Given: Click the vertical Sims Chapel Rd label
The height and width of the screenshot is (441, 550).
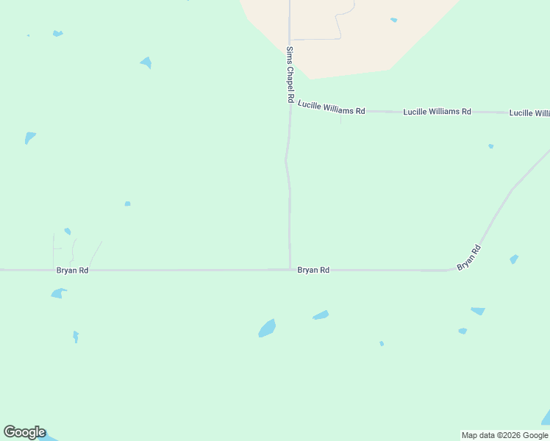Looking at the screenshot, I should click(290, 75).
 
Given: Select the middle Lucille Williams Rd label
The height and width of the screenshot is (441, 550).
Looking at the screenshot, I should click(437, 112).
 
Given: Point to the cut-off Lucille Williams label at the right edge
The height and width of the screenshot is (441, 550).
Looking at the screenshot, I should click(529, 113).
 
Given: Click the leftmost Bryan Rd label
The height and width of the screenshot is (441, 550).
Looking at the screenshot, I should click(72, 270).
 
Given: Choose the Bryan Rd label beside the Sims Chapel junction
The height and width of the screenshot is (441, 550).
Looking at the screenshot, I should click(313, 270).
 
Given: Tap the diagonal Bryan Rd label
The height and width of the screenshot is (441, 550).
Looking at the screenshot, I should click(468, 258).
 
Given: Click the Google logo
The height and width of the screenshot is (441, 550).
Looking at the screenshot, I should click(24, 432).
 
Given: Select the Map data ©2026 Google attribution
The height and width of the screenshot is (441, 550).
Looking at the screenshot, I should click(505, 435).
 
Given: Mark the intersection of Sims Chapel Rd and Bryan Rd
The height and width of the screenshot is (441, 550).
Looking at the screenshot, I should click(290, 269).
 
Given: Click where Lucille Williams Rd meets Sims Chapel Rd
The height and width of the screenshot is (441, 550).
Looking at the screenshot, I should click(290, 108).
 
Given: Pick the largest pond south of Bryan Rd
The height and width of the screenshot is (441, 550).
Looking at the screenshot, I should click(267, 329).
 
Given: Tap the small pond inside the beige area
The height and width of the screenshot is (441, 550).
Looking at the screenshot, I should click(394, 20).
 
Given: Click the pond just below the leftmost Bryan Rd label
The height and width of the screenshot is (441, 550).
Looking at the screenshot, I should click(58, 293).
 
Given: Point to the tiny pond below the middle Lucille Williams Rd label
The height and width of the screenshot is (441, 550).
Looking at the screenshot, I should click(490, 146).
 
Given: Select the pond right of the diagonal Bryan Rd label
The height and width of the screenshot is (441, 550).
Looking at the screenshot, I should click(514, 259).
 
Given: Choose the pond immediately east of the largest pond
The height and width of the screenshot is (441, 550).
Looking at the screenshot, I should click(321, 315).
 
